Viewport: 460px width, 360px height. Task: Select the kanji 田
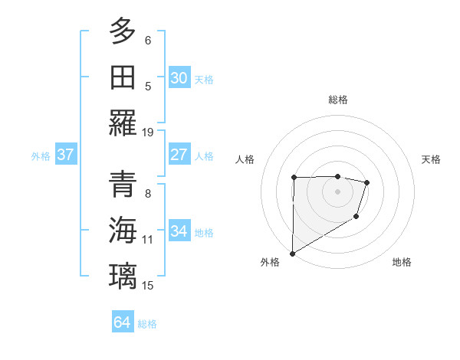123,77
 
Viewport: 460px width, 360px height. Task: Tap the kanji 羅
123,123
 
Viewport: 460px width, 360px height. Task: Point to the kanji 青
123,185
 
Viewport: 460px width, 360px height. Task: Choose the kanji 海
123,231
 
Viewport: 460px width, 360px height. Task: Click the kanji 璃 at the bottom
123,277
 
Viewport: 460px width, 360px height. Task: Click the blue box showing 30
179,78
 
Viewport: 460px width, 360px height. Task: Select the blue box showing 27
179,155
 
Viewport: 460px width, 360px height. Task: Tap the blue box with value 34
179,231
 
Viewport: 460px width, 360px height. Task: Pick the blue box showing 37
65,155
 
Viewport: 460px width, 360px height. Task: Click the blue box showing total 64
122,322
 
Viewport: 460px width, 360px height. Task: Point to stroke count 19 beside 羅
148,132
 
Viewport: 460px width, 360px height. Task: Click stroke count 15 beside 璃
148,286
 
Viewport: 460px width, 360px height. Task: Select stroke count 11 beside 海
148,240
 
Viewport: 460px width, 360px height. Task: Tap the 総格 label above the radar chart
337,100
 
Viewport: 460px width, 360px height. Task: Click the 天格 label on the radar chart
431,159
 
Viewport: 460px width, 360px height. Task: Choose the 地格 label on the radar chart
402,263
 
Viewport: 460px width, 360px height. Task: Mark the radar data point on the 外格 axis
292,253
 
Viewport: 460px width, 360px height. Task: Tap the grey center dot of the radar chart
337,191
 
